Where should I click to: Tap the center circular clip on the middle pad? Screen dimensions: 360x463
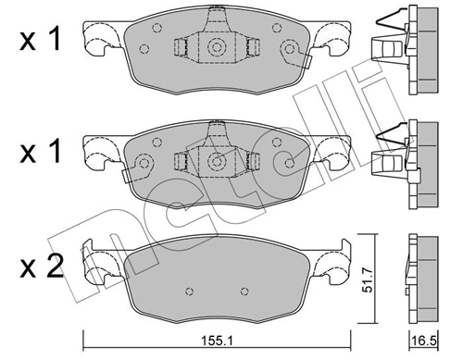click(x=217, y=161)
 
